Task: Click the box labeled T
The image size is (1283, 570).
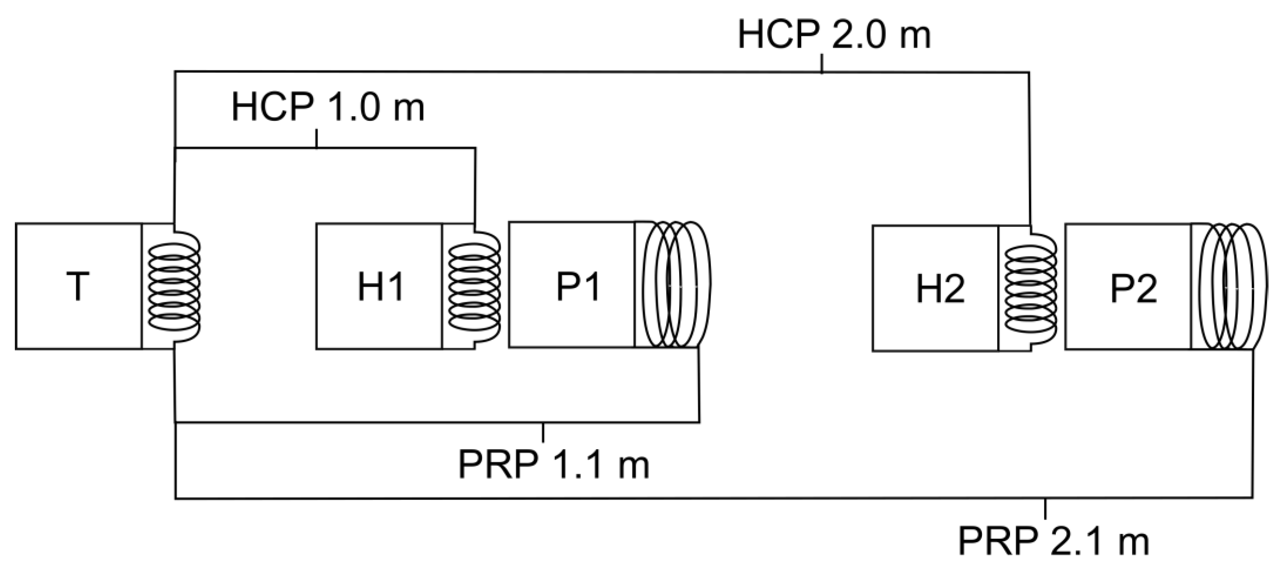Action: click(x=78, y=286)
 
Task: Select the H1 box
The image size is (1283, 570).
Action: click(x=379, y=286)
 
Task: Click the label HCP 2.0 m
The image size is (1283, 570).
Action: click(x=834, y=35)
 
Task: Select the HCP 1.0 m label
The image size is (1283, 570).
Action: click(x=328, y=108)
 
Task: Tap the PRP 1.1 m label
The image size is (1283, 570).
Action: click(x=553, y=465)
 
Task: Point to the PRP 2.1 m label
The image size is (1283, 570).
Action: click(x=1053, y=541)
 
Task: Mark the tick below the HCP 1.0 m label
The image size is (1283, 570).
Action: click(x=317, y=138)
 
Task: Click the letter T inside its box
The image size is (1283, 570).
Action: click(x=78, y=286)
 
